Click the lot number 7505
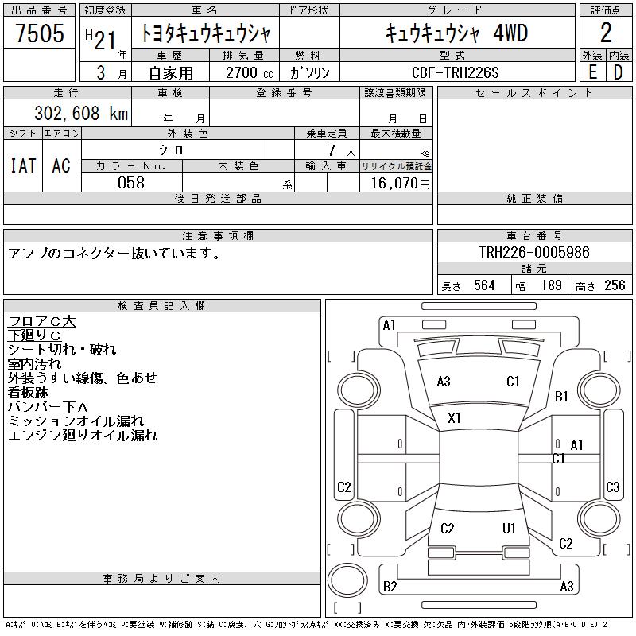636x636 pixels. (40, 33)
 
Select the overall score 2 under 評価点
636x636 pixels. (606, 33)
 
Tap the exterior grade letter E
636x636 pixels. (592, 72)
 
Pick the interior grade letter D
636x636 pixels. (618, 72)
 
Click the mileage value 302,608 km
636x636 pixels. (81, 113)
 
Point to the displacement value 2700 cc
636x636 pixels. (250, 72)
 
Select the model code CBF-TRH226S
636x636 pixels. (455, 72)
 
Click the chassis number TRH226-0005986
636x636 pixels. (534, 252)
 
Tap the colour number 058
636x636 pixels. (131, 183)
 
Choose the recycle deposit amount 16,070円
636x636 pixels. (401, 184)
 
